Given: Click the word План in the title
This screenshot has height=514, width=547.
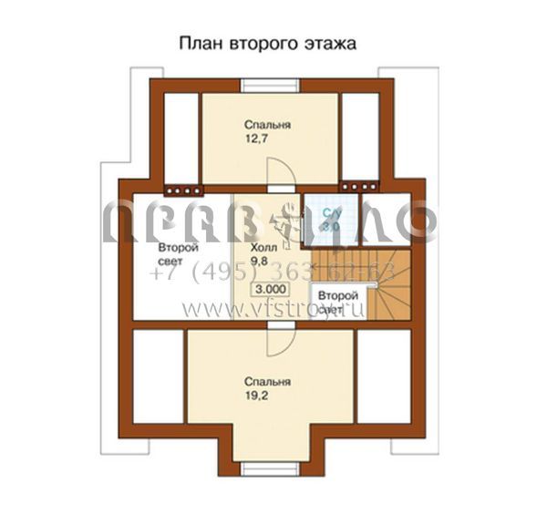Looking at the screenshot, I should pyautogui.click(x=199, y=43).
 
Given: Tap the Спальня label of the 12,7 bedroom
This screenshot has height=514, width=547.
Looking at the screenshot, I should pyautogui.click(x=267, y=126).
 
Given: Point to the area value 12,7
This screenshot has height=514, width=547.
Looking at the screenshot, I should pyautogui.click(x=255, y=140).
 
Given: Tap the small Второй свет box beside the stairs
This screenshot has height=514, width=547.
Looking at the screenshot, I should pyautogui.click(x=337, y=302).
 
